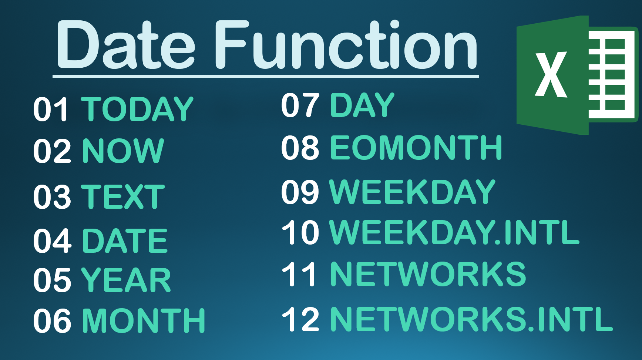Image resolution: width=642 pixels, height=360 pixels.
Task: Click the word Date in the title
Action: [x=126, y=44]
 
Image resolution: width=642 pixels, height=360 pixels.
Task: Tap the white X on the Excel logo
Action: [x=551, y=74]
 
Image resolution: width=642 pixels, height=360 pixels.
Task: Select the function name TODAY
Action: [x=137, y=109]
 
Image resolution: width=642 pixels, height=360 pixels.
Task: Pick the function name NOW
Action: [x=123, y=151]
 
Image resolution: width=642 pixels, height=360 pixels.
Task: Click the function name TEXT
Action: [x=123, y=196]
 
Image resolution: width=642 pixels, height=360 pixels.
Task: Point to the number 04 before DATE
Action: [x=52, y=241]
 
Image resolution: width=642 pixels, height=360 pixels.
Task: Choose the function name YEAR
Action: [x=126, y=280]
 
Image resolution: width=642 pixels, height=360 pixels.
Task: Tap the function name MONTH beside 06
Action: [x=144, y=320]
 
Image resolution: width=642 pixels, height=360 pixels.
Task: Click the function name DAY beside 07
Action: [x=362, y=105]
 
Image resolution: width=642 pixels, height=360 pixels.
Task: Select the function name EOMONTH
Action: [x=416, y=148]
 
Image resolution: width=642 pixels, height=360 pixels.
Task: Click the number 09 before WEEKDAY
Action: [x=300, y=192]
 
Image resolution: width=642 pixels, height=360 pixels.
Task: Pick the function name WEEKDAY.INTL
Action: [x=454, y=232]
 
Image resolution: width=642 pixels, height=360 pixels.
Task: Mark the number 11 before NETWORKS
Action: [x=299, y=274]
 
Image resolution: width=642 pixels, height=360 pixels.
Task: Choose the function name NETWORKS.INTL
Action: [x=471, y=319]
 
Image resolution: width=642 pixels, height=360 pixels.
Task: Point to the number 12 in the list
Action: [x=300, y=319]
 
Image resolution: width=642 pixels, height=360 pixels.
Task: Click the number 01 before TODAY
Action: [x=51, y=109]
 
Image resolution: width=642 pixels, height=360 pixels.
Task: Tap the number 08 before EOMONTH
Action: [x=300, y=148]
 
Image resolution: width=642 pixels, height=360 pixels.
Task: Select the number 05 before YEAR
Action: [x=52, y=280]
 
